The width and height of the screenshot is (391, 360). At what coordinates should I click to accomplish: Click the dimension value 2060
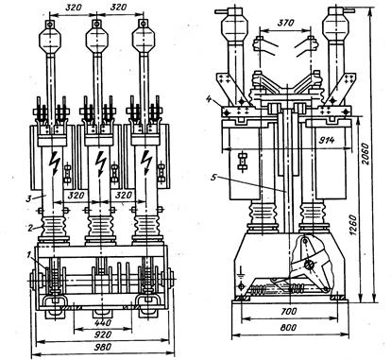(365, 154)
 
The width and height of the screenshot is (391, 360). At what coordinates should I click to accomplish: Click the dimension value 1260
(353, 226)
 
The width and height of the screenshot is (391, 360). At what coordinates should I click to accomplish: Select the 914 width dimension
(325, 141)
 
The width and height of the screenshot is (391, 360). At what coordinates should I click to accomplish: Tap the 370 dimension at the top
(286, 23)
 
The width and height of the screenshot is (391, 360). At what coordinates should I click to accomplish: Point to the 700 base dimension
(288, 311)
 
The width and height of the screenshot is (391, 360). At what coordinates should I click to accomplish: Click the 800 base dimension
(287, 327)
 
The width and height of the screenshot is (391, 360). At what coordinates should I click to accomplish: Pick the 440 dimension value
(103, 322)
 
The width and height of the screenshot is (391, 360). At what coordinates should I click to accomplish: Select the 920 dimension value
(103, 334)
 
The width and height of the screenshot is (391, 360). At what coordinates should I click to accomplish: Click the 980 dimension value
(103, 347)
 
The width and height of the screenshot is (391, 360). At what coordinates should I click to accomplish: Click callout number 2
(30, 228)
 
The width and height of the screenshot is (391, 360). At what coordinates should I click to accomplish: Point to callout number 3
(28, 198)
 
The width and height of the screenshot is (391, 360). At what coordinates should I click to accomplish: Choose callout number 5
(213, 178)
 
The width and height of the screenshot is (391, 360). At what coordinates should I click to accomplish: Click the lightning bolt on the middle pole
(100, 163)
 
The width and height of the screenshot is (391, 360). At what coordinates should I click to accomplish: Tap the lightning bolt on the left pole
(55, 163)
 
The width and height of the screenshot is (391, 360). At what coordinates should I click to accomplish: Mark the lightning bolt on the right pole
(146, 163)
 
